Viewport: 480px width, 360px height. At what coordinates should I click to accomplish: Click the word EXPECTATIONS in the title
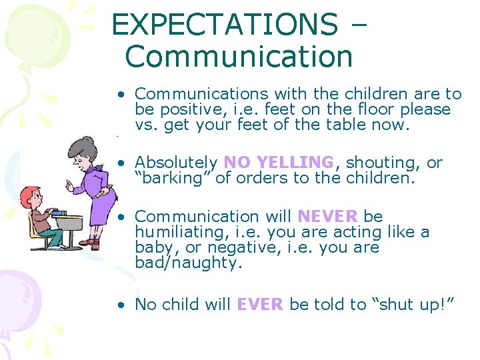tap(224, 25)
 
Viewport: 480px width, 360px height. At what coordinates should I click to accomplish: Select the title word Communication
tap(239, 56)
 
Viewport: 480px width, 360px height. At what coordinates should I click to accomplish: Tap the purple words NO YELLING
tap(279, 163)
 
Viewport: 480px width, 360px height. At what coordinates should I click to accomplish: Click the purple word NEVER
tap(327, 217)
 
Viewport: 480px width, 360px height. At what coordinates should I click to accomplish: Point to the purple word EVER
tap(260, 305)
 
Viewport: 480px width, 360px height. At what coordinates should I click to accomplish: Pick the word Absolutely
tap(176, 163)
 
